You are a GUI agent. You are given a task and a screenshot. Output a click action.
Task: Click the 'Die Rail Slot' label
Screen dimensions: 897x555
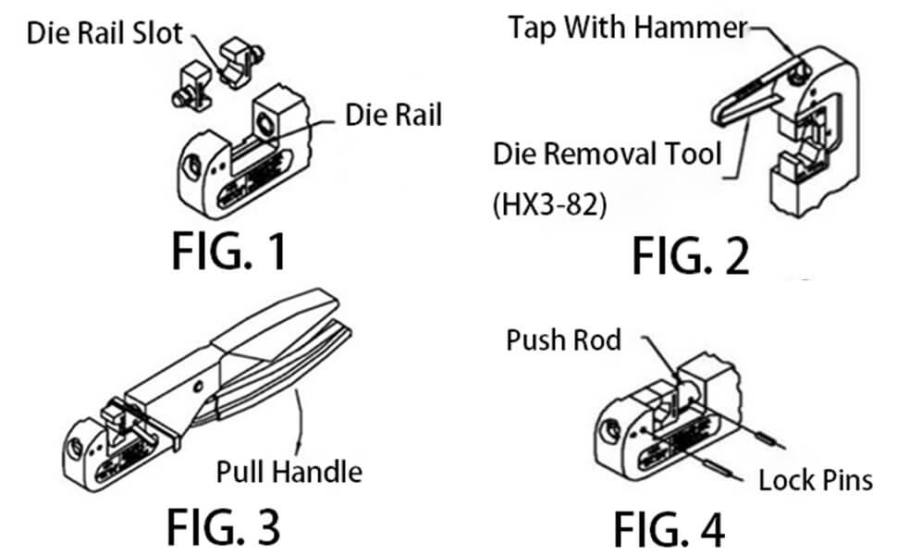(x=104, y=33)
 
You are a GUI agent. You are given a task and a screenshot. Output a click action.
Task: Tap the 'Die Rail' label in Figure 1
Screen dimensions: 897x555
(x=394, y=115)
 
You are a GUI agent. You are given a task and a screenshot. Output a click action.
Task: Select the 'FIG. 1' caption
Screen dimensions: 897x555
(x=229, y=251)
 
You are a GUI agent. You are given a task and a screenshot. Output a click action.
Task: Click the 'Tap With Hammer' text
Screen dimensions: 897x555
(x=628, y=27)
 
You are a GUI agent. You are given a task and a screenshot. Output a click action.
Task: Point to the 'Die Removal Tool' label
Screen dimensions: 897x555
(x=607, y=154)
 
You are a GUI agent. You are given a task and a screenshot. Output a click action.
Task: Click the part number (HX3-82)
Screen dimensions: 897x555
(x=549, y=203)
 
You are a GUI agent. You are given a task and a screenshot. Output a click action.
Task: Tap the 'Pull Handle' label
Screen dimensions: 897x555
(x=289, y=472)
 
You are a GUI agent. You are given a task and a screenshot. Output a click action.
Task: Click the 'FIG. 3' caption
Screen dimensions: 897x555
(x=224, y=526)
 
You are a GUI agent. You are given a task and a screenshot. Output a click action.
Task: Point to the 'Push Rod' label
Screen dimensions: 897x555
(x=563, y=339)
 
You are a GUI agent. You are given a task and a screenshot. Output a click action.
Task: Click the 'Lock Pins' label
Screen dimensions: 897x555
(x=816, y=480)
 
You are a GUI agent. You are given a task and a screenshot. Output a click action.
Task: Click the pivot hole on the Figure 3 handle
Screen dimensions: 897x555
(x=199, y=387)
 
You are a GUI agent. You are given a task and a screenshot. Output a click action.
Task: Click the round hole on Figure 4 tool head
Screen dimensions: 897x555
(x=610, y=429)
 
